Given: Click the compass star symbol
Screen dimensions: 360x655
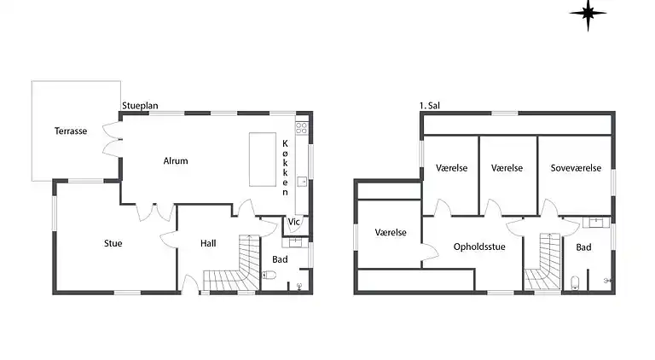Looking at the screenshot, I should [588, 13].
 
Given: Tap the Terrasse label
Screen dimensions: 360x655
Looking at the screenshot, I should [71, 131].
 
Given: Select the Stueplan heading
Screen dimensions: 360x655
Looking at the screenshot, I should [140, 107].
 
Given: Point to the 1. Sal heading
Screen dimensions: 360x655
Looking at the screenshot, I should [430, 107].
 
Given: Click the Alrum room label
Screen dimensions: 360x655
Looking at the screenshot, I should [176, 160].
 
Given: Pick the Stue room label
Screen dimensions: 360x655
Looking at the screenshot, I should [113, 243].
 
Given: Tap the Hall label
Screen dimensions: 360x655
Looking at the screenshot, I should [207, 243].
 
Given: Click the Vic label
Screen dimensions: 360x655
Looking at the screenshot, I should [294, 223].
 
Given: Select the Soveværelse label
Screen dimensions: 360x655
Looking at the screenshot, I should [575, 168].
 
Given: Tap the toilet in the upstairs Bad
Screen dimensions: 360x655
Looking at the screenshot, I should [576, 282].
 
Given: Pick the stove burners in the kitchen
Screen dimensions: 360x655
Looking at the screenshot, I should [301, 129].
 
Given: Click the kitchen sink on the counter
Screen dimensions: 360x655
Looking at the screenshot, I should [302, 182].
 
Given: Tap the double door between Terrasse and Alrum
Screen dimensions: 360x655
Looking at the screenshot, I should [110, 139].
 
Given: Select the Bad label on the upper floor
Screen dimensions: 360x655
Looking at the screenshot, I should [583, 247].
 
